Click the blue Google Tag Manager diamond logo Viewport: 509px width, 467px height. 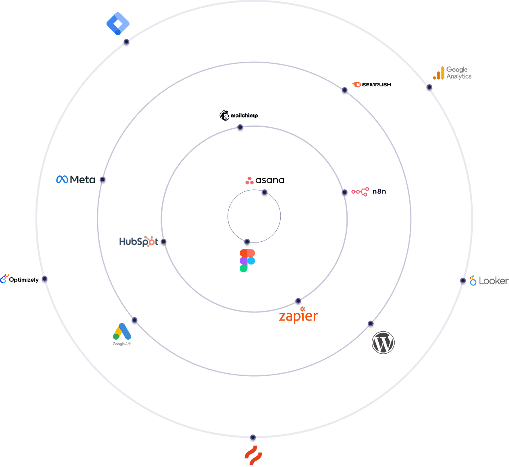point(118,23)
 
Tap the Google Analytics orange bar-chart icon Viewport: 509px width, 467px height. point(439,73)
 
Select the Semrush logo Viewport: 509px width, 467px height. point(372,85)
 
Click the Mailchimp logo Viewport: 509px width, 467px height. point(239,115)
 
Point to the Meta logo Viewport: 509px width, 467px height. point(76,179)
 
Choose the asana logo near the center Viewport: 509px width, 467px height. point(265,180)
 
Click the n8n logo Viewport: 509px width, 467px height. point(368,191)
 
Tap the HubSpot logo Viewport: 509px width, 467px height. point(138,242)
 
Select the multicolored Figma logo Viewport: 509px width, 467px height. point(247,260)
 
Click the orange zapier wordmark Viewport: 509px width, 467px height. point(298,316)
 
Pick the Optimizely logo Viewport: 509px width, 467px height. point(20,280)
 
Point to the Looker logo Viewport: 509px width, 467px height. point(489,281)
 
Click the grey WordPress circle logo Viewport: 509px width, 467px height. point(383,343)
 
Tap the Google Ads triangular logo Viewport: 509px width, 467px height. point(122,333)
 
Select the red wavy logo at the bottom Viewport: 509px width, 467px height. point(253,455)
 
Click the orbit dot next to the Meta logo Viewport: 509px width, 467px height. point(103,180)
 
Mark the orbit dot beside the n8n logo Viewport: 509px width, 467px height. point(344,193)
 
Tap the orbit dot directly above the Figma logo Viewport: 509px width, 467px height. point(247,242)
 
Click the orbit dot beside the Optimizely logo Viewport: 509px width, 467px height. point(45,280)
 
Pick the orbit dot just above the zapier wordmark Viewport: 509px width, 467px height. point(298,302)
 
